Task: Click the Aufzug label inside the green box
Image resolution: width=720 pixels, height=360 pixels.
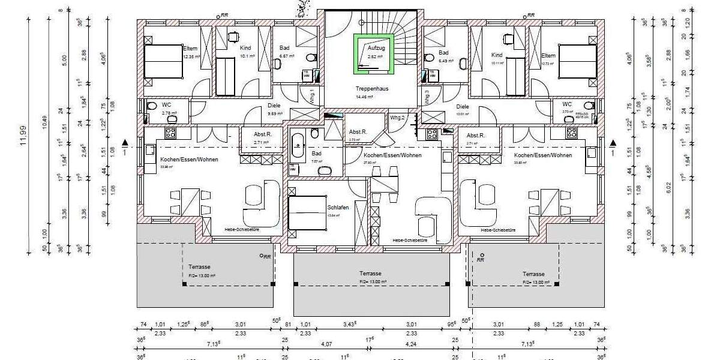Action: (x=376, y=47)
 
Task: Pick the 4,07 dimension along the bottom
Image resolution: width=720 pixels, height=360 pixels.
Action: (x=326, y=344)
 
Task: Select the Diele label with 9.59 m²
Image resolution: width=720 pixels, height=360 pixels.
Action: (x=274, y=106)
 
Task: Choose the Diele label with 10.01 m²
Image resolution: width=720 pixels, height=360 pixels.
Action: (x=463, y=106)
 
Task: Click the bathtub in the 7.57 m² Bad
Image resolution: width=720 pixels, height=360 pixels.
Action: (x=298, y=146)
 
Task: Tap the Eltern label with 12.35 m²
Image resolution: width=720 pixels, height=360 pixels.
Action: (x=191, y=47)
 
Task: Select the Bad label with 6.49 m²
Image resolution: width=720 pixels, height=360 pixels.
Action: (x=428, y=53)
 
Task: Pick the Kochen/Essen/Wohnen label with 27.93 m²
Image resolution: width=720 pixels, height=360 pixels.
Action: (x=392, y=155)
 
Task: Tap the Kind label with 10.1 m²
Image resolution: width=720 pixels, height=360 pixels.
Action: (x=245, y=47)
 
